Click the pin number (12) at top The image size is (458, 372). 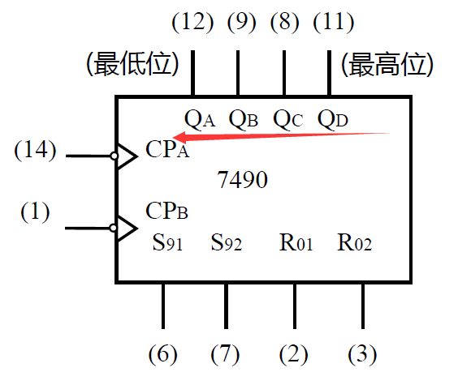click(192, 22)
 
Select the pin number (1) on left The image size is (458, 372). click(35, 212)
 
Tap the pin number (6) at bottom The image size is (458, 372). click(163, 353)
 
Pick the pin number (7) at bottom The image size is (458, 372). click(225, 353)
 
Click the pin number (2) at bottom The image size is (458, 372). click(293, 353)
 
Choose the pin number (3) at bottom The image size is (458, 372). click(362, 353)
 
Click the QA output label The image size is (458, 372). click(200, 119)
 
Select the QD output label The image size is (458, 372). click(333, 119)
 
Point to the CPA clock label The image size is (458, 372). click(167, 150)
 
